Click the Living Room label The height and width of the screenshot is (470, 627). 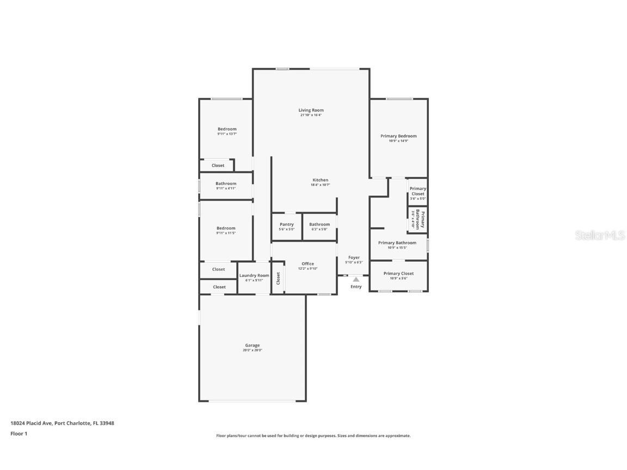click(x=311, y=110)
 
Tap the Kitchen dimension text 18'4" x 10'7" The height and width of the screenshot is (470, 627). click(x=320, y=185)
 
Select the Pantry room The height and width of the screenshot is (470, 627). click(x=287, y=226)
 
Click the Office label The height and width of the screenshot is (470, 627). click(x=308, y=264)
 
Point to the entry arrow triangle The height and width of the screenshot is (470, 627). click(x=356, y=279)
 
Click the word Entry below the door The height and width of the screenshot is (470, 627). click(x=356, y=287)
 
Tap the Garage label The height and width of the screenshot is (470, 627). click(x=252, y=345)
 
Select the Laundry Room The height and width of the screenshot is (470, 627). click(x=254, y=277)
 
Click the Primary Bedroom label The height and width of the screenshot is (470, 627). click(x=398, y=136)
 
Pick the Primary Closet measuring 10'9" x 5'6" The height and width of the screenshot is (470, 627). click(x=398, y=276)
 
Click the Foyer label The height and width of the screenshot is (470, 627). click(x=354, y=258)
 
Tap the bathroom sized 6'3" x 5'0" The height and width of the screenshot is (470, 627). click(x=319, y=226)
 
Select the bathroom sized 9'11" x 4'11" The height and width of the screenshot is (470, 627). click(x=226, y=185)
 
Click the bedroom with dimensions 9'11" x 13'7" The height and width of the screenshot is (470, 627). click(x=227, y=131)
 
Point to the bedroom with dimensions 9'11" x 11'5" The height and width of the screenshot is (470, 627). click(x=226, y=230)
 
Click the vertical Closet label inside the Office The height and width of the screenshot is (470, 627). click(x=278, y=279)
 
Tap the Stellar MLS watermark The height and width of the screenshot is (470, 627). click(x=600, y=236)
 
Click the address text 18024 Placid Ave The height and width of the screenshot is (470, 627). click(x=32, y=423)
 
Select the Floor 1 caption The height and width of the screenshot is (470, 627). click(x=19, y=434)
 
